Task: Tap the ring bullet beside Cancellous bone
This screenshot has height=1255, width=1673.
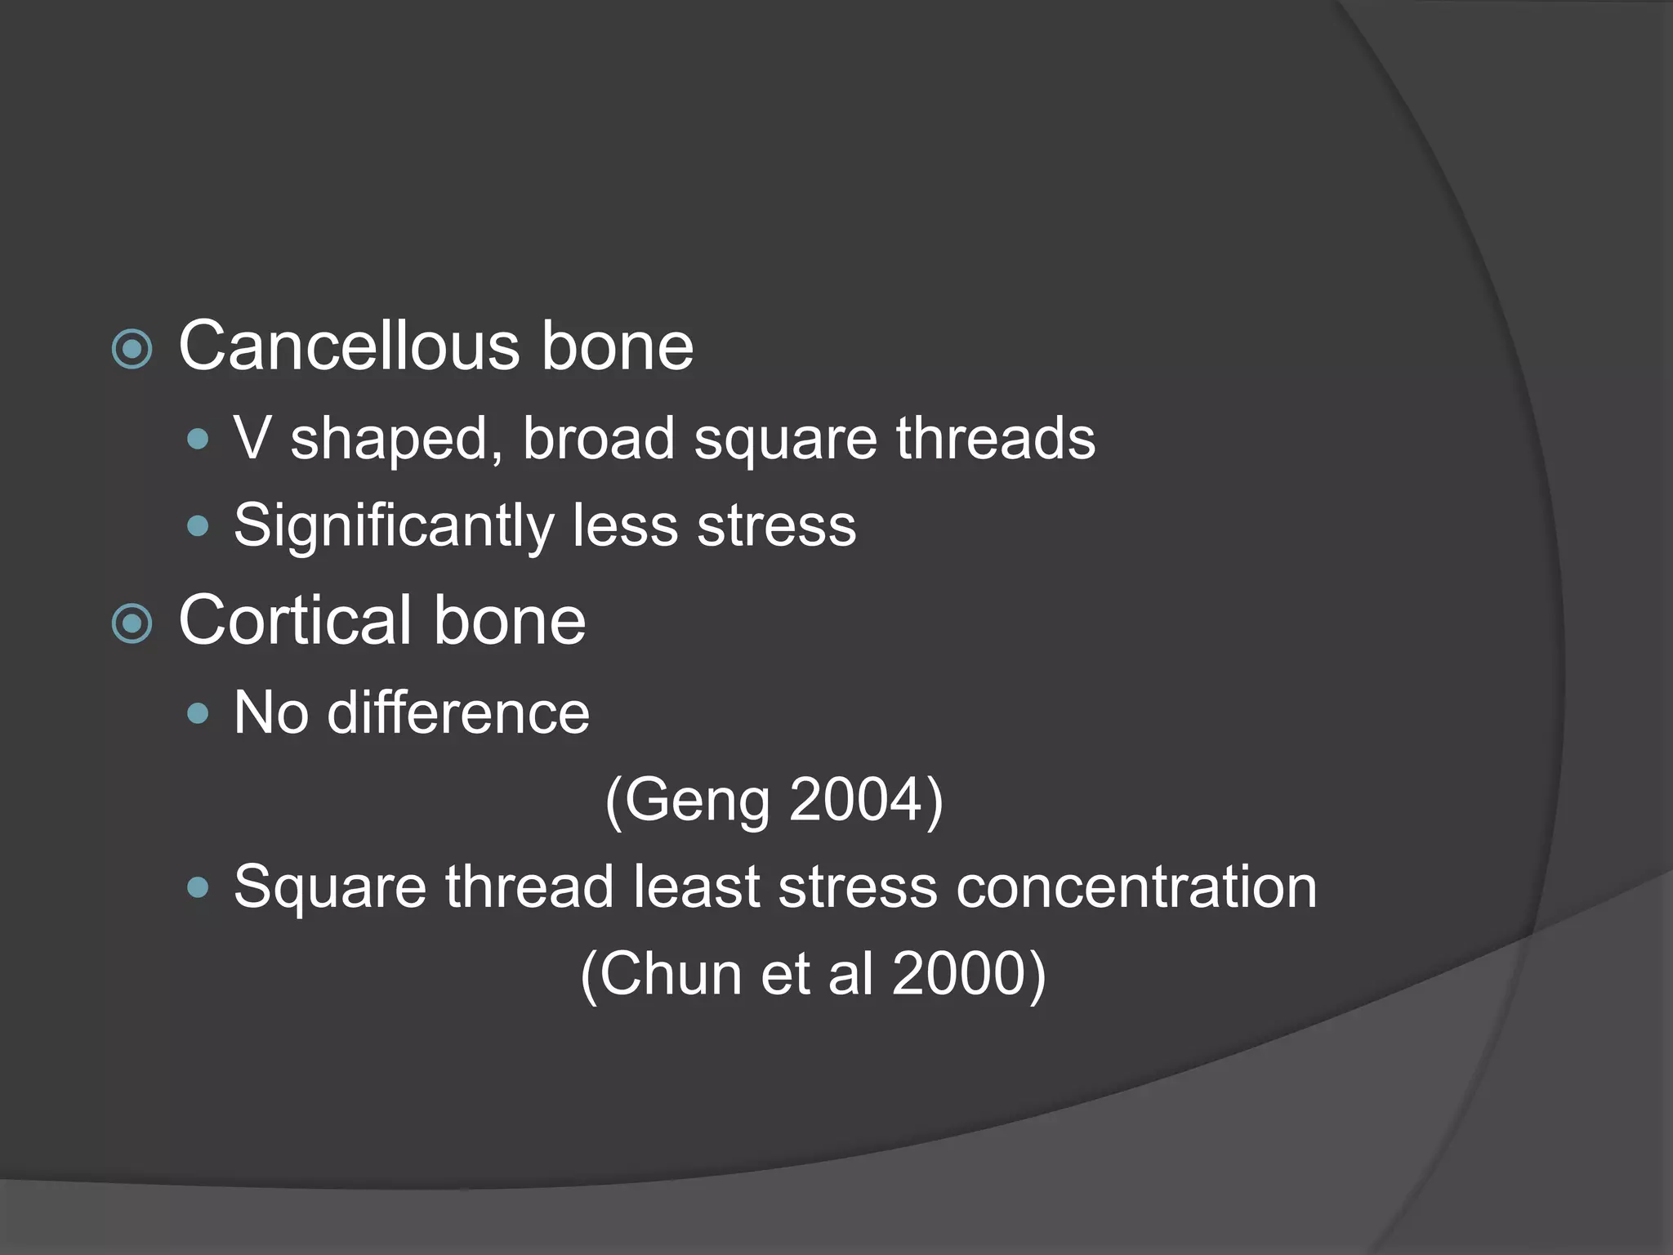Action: click(x=132, y=350)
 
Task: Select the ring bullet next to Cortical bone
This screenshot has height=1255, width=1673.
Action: click(x=132, y=624)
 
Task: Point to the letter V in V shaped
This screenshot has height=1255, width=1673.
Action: click(x=252, y=438)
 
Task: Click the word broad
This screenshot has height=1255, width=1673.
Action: click(x=598, y=438)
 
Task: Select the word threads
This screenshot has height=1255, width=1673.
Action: click(x=995, y=438)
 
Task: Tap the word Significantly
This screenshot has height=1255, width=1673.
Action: click(x=394, y=526)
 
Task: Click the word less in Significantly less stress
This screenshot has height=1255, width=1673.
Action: click(x=625, y=525)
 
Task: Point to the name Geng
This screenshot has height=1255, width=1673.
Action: click(x=698, y=801)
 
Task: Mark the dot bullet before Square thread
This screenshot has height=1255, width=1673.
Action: click(x=198, y=888)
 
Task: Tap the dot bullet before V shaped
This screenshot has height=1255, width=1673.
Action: click(x=198, y=440)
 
